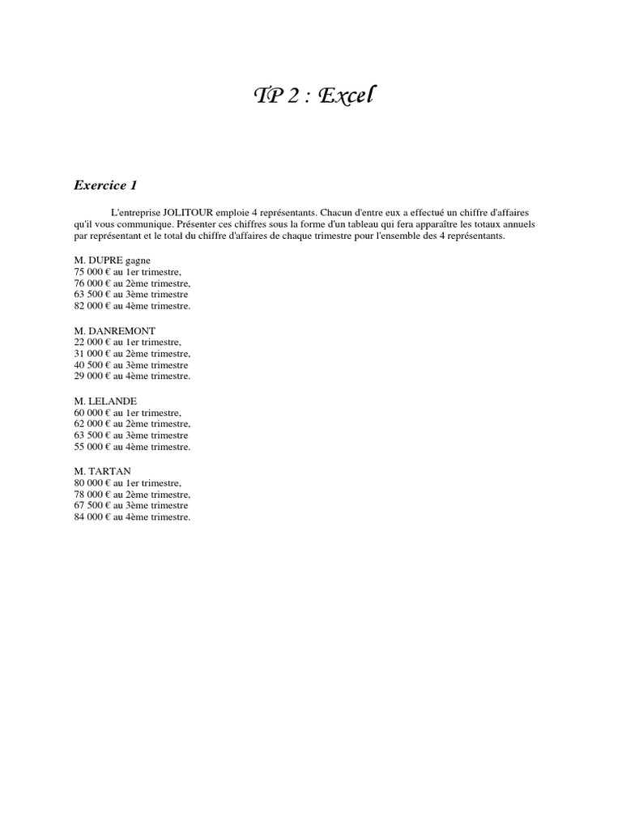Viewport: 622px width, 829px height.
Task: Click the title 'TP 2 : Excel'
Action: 315,96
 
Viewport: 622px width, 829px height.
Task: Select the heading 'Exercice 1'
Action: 105,185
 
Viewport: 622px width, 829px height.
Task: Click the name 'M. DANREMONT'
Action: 114,331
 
